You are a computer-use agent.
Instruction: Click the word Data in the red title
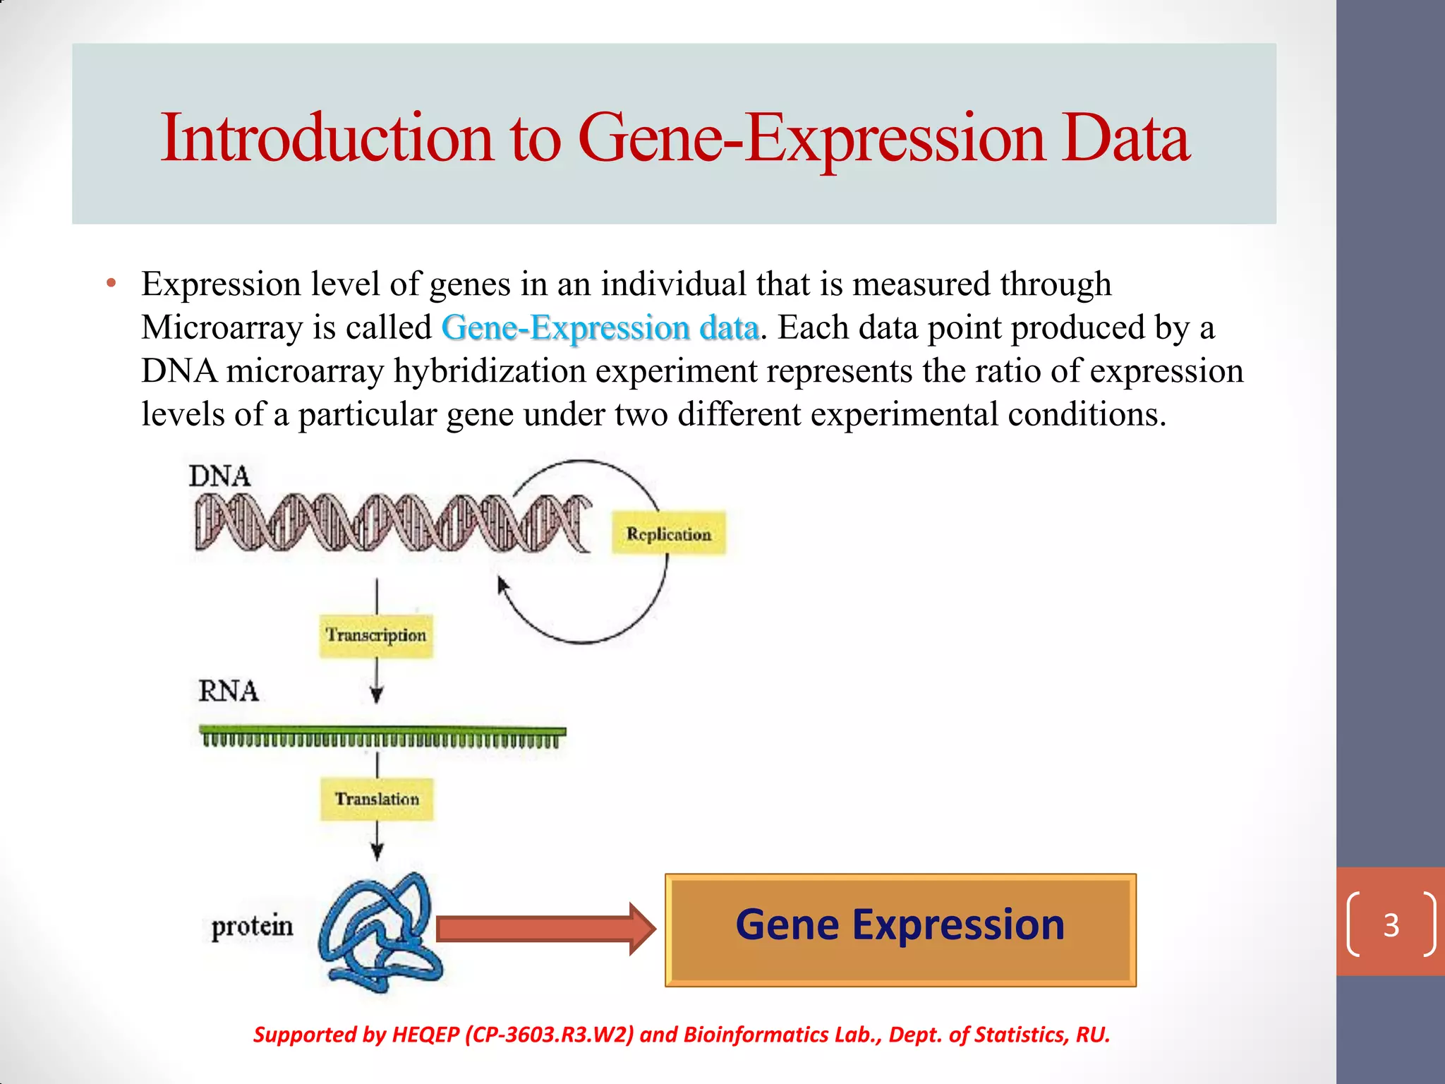click(1125, 138)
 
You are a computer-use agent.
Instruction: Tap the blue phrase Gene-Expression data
click(600, 328)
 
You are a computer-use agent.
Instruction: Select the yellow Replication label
click(668, 534)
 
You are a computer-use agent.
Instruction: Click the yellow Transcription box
click(376, 635)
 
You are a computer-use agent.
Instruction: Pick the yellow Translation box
click(377, 799)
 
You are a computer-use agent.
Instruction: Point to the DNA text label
click(219, 476)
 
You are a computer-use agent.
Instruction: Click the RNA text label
click(228, 691)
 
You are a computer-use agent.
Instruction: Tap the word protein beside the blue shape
click(252, 926)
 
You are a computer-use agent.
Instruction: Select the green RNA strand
click(382, 735)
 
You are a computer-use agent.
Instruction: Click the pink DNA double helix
click(392, 522)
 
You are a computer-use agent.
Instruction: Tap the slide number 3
click(1391, 925)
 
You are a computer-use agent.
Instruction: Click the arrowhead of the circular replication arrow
click(502, 585)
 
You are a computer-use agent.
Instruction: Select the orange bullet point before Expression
click(110, 284)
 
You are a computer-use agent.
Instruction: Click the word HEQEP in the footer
click(425, 1035)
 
